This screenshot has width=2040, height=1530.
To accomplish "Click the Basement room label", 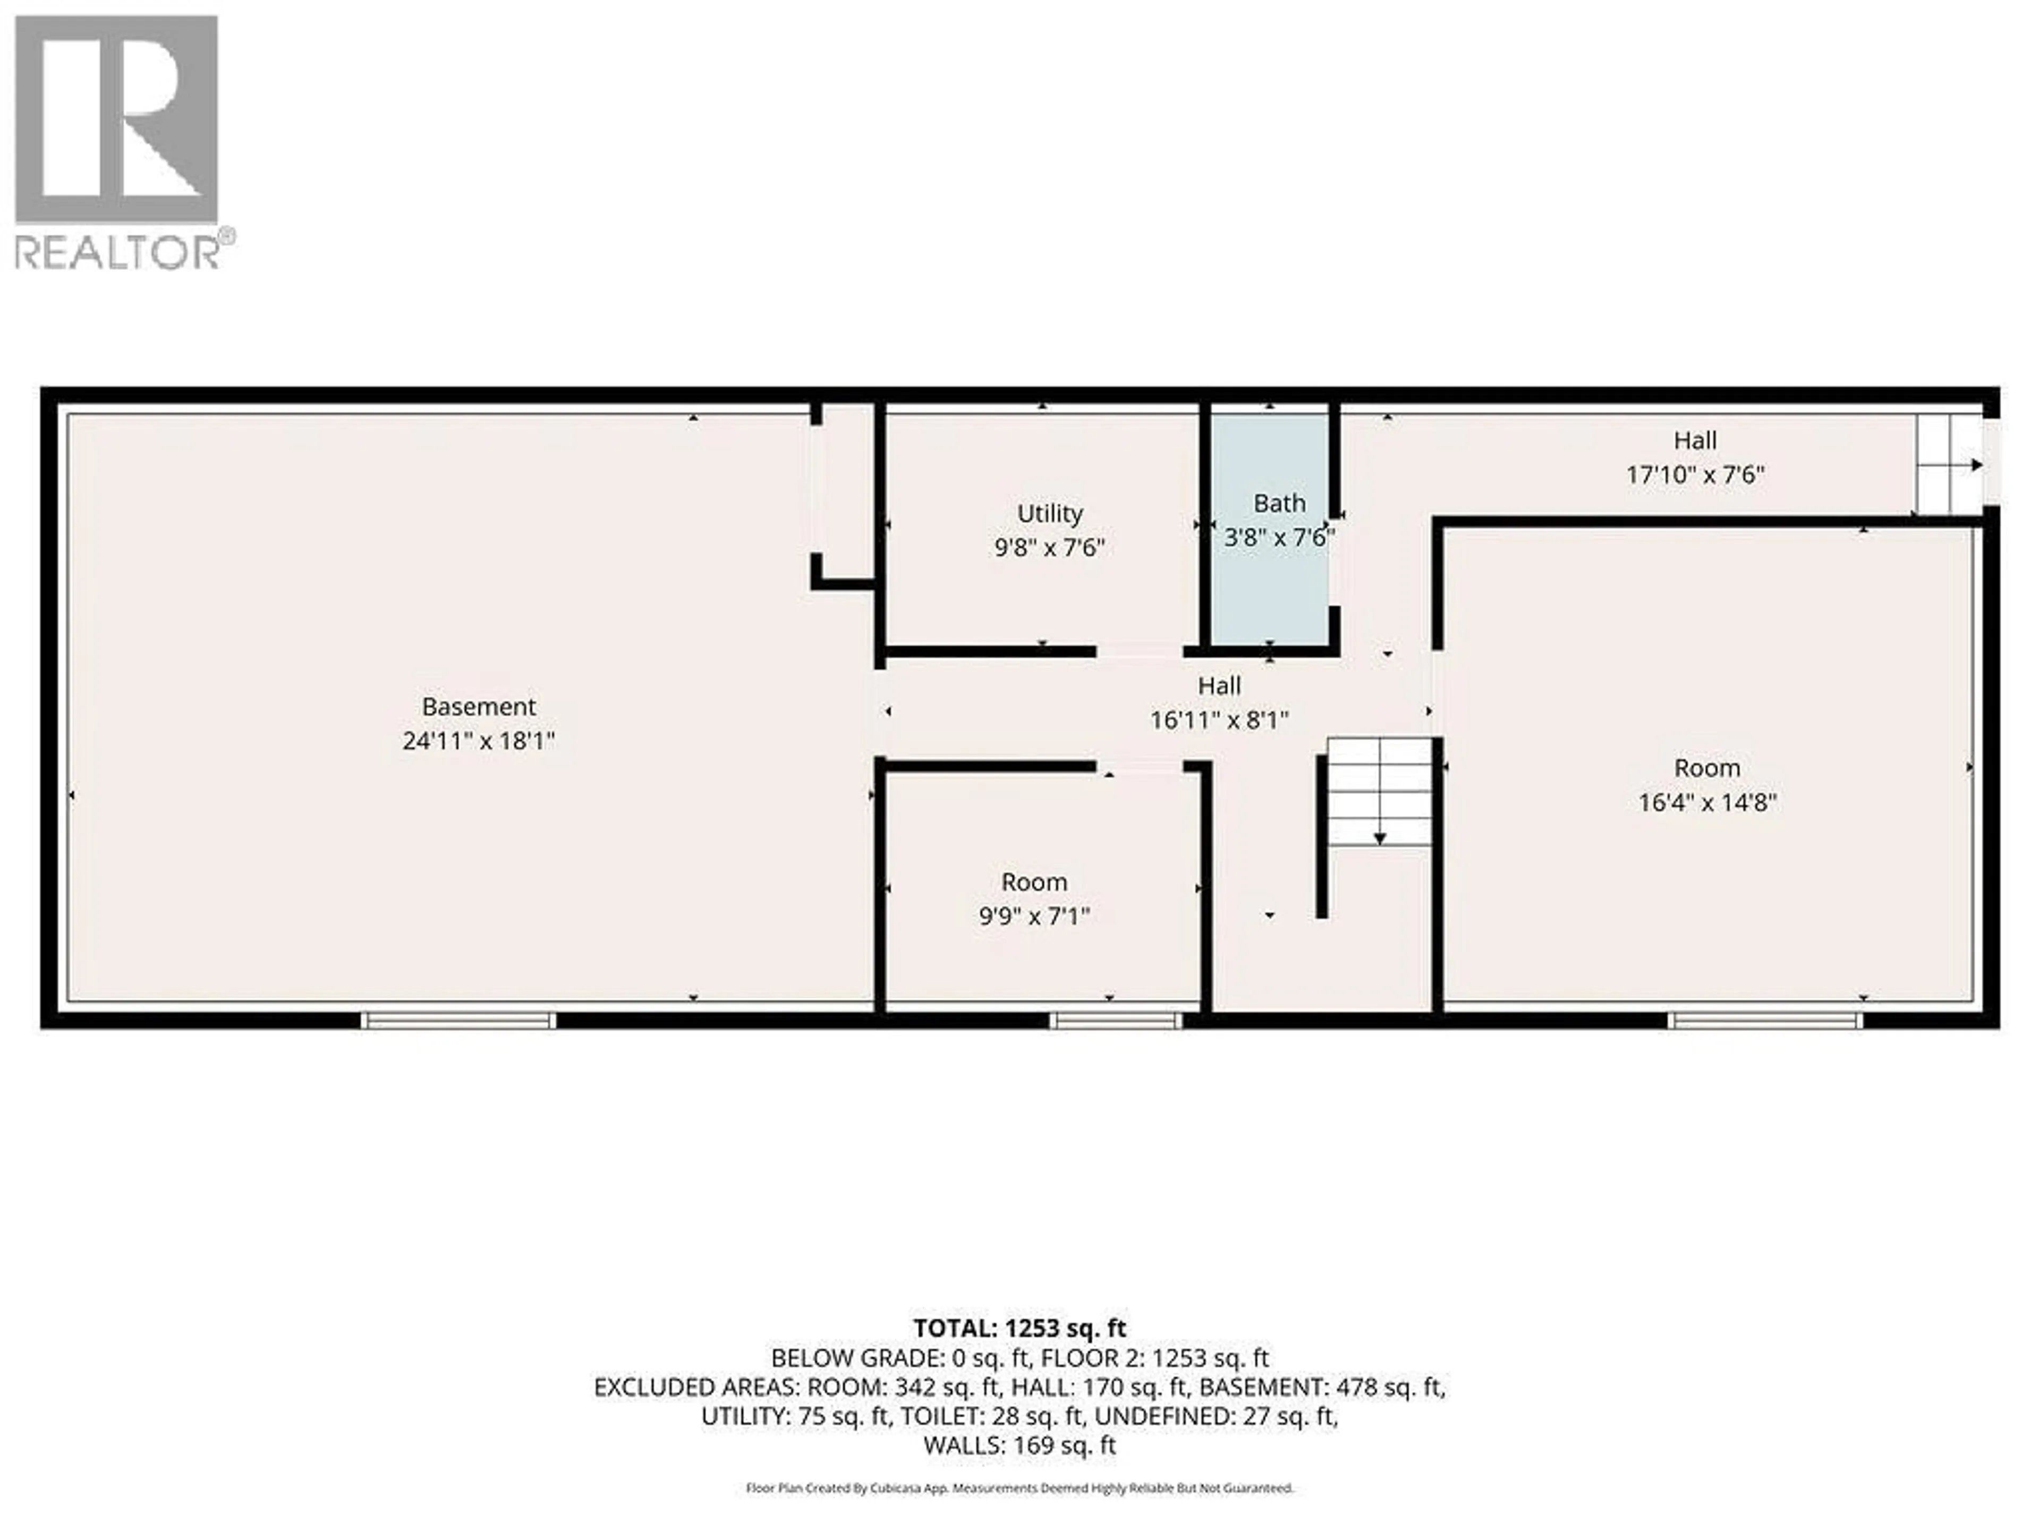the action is [479, 707].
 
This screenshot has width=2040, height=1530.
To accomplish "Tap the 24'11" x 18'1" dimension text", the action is [479, 741].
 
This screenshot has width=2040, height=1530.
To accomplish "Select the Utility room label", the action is [1050, 514].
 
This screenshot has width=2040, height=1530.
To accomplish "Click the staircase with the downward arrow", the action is [1380, 791].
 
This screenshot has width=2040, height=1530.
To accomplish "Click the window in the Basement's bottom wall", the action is [458, 1020].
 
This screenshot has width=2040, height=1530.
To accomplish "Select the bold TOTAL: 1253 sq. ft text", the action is [1020, 1328].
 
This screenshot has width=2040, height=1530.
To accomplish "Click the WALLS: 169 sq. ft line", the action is [1020, 1445].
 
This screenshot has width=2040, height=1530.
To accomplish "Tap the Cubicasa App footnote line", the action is [1020, 1487].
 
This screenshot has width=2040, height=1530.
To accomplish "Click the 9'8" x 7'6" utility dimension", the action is [1050, 548].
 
